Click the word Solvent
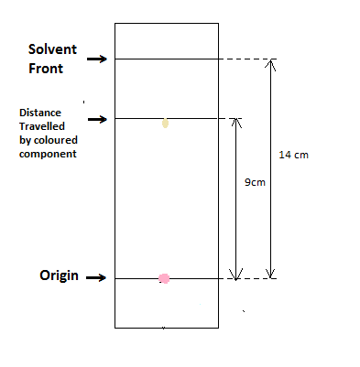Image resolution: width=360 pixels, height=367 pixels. click(52, 49)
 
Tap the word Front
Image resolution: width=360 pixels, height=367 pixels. click(46, 69)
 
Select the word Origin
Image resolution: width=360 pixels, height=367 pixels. click(59, 275)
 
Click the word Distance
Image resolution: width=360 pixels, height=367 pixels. click(40, 113)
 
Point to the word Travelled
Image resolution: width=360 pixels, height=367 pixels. click(42, 126)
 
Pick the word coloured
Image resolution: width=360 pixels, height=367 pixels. click(56, 140)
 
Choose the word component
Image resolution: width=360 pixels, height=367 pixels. click(48, 154)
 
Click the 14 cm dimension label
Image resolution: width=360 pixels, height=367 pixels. click(294, 155)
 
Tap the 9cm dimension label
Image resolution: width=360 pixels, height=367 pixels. click(255, 182)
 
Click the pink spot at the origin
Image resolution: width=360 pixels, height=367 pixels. click(164, 278)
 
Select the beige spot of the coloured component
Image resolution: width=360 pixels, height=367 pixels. click(165, 124)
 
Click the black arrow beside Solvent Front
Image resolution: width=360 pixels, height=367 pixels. click(97, 59)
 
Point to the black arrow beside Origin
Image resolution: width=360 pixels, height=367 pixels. click(96, 277)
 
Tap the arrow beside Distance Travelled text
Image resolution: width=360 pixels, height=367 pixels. click(97, 119)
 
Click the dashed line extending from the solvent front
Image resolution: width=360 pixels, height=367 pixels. click(247, 59)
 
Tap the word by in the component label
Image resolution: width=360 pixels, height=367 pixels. click(26, 141)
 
